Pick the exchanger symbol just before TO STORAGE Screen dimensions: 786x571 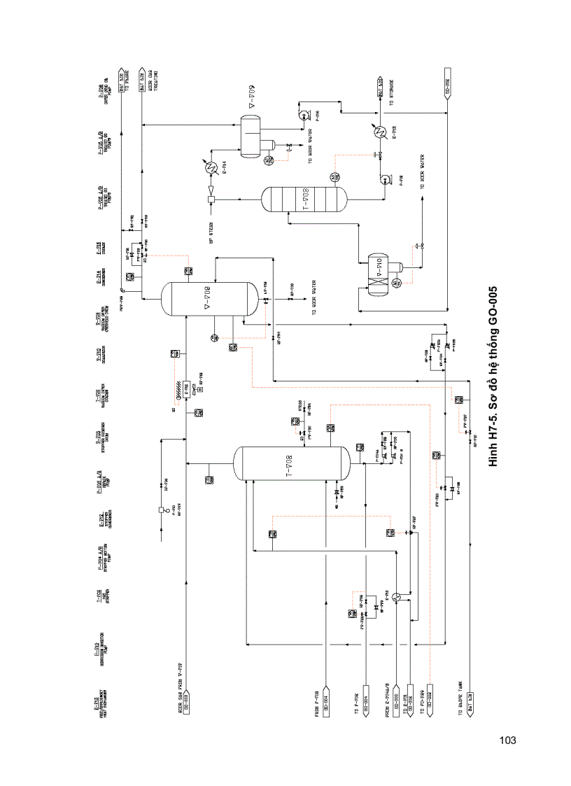381,132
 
